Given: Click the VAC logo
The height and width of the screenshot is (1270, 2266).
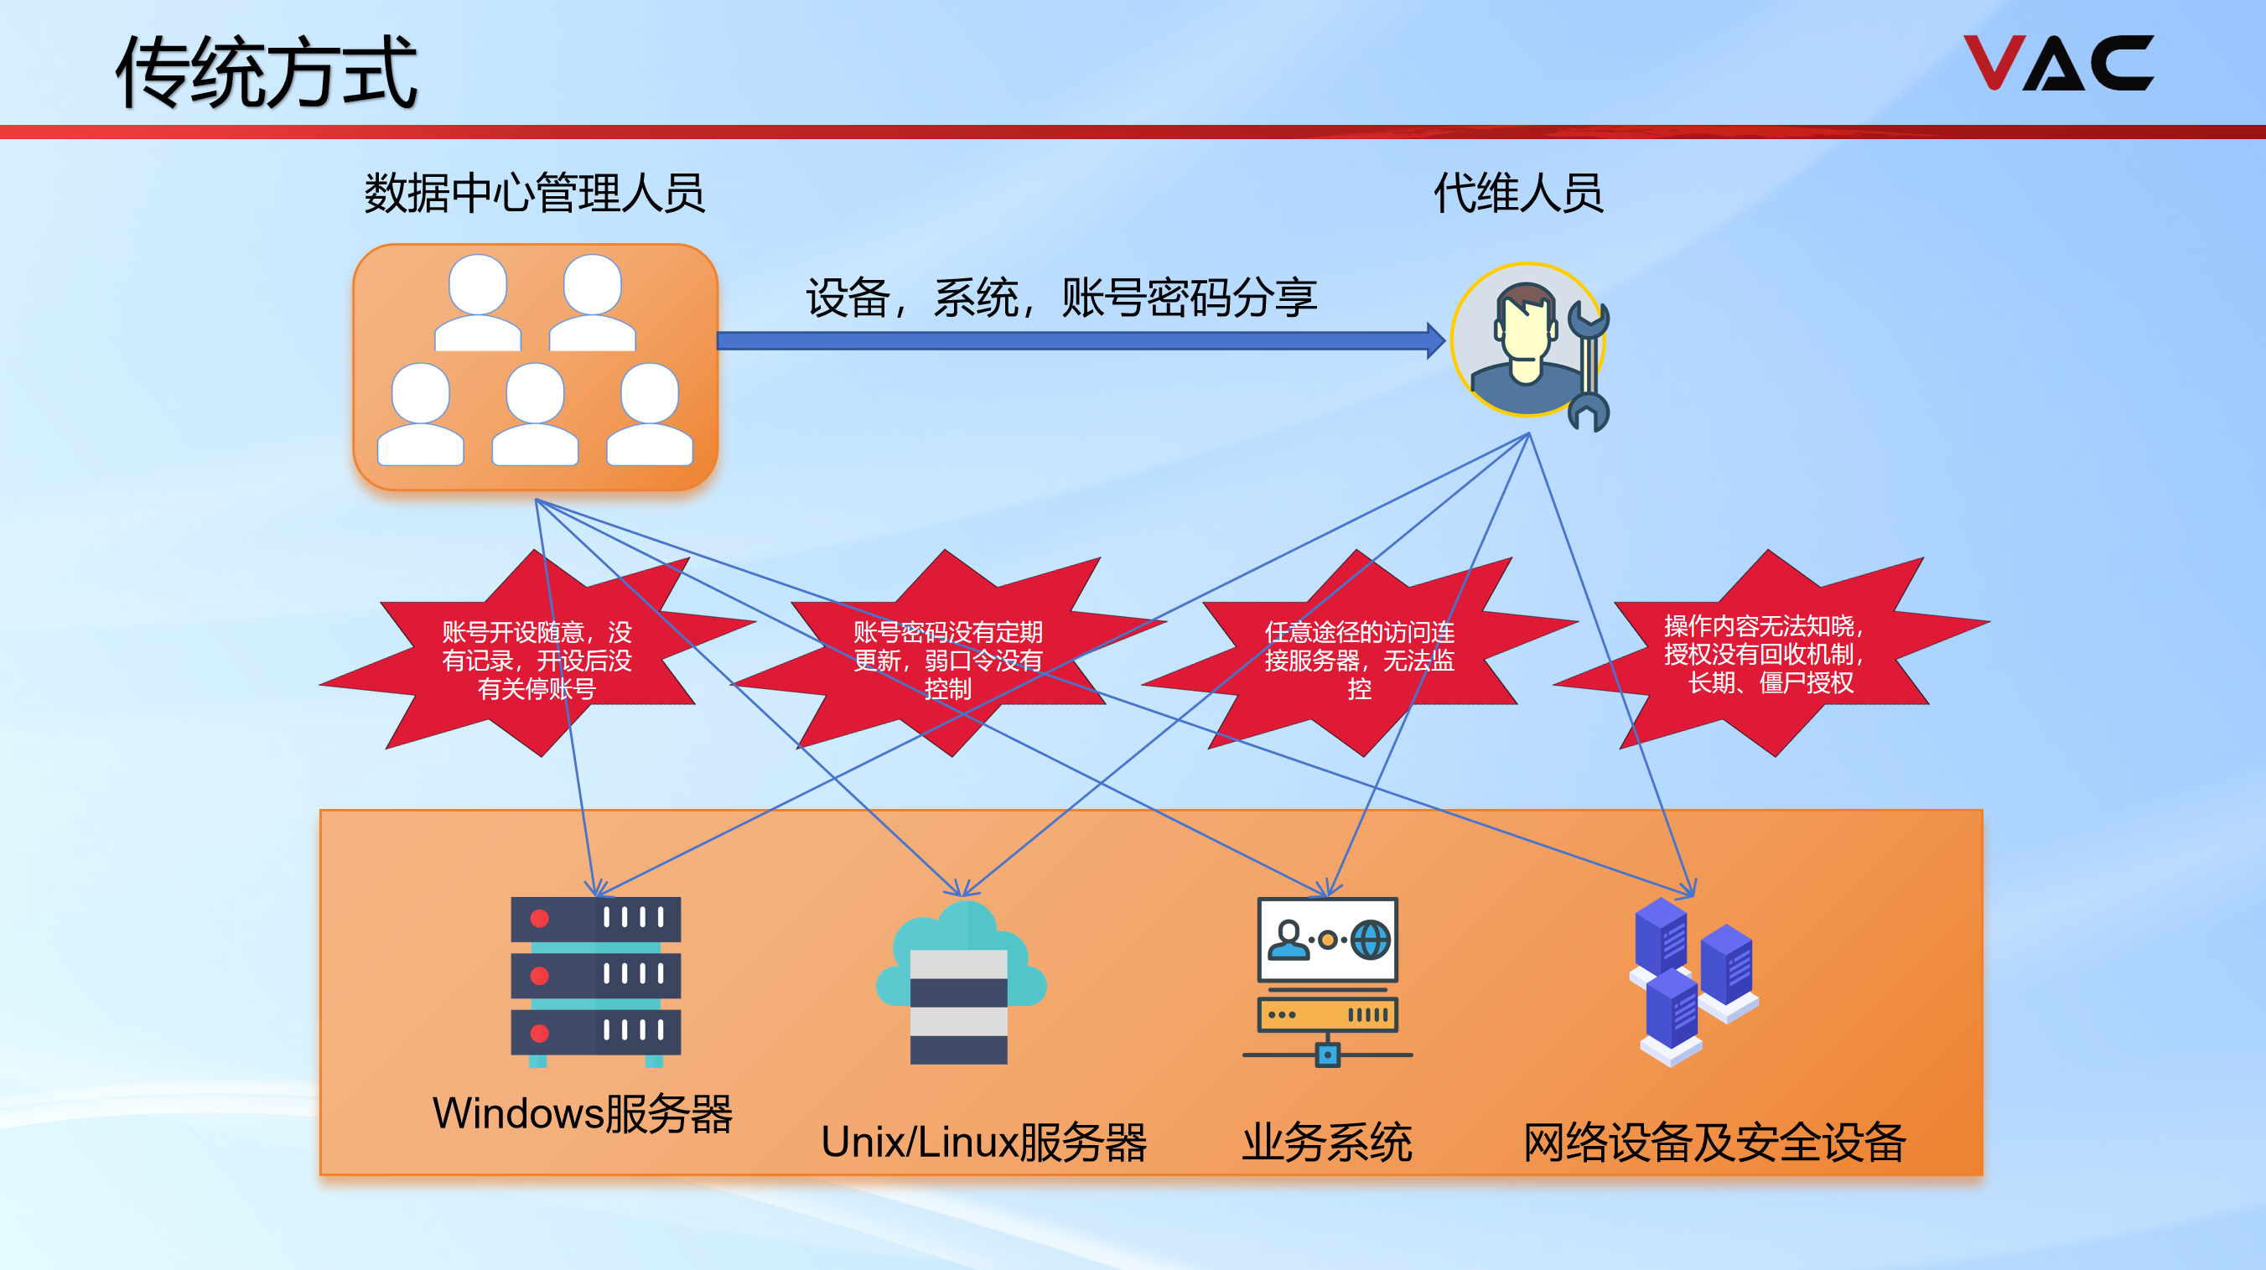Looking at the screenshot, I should point(2057,64).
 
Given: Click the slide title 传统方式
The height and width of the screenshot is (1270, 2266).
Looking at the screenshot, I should point(266,72).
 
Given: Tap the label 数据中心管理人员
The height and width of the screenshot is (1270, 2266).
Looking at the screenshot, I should point(534,193).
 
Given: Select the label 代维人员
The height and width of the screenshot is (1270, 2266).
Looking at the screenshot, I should point(1518,193).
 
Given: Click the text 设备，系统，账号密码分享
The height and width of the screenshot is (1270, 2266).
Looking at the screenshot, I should point(1060,298).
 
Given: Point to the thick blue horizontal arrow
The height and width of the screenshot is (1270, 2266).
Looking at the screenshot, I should point(1073,340).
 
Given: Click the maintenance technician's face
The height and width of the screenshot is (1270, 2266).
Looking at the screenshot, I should point(1527,334).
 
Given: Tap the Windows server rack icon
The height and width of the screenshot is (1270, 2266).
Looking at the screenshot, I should point(595,980).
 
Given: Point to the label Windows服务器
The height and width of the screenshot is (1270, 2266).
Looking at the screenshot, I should point(583,1113).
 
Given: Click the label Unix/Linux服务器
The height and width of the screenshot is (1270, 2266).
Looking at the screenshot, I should point(983,1143).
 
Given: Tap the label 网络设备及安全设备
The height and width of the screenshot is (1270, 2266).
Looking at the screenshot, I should point(1714,1143).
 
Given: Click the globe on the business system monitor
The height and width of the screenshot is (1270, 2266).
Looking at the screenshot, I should point(1371,940).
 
